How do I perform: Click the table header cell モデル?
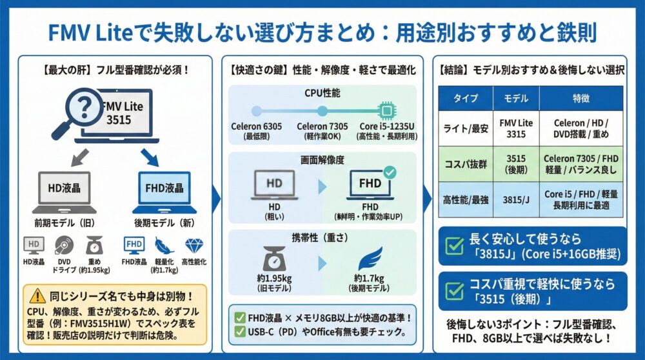[x=516, y=98]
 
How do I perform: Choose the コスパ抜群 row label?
[x=466, y=164]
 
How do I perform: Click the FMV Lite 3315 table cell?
[x=516, y=128]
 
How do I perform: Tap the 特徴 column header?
[x=581, y=98]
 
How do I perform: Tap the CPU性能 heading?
[x=322, y=93]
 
